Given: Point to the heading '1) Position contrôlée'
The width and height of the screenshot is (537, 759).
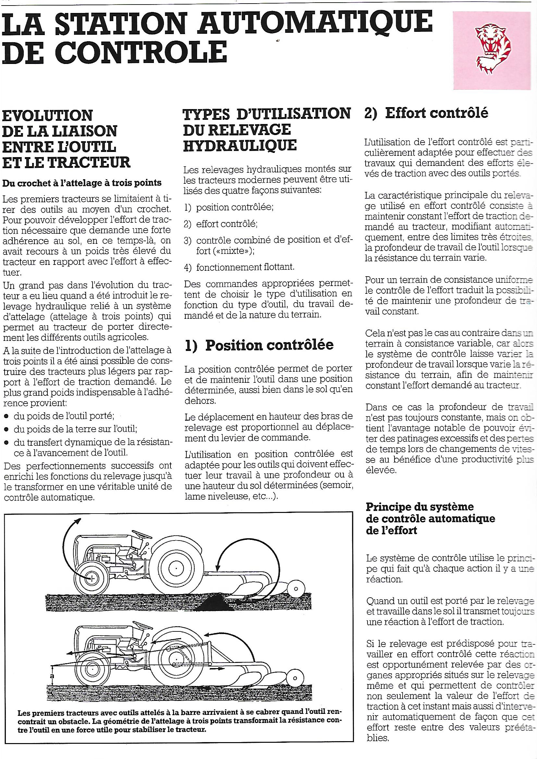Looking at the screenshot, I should [259, 345].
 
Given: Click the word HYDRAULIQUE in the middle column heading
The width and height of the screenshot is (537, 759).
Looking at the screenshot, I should [240, 146].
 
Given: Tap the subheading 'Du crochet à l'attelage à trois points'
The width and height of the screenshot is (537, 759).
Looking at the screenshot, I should [82, 183].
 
